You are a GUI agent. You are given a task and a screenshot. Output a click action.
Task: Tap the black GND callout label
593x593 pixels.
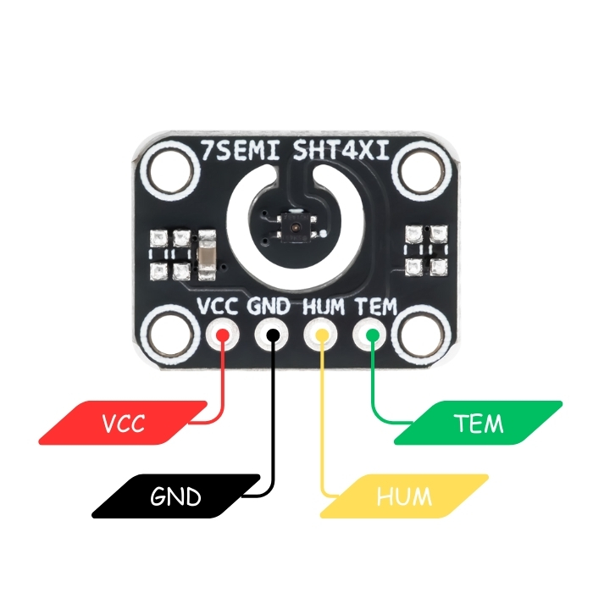pyautogui.click(x=175, y=496)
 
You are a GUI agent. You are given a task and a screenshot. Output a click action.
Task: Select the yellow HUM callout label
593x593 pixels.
pyautogui.click(x=404, y=496)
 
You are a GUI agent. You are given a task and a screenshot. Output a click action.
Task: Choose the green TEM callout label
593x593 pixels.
pyautogui.click(x=478, y=423)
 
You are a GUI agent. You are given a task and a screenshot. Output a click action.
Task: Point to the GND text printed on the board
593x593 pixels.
pyautogui.click(x=269, y=306)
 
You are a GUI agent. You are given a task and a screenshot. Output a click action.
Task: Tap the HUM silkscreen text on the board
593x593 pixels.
pyautogui.click(x=323, y=306)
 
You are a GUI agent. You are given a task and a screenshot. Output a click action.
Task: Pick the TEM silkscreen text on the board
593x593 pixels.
pyautogui.click(x=375, y=306)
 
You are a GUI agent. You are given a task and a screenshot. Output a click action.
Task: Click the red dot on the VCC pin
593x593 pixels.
pyautogui.click(x=223, y=335)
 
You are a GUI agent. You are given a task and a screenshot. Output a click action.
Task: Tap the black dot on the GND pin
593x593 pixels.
pyautogui.click(x=272, y=335)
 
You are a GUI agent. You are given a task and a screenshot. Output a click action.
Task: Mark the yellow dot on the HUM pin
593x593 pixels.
pyautogui.click(x=322, y=335)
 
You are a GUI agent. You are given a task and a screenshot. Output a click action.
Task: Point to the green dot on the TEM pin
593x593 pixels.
pyautogui.click(x=371, y=335)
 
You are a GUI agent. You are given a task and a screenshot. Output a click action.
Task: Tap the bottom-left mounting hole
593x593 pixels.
pyautogui.click(x=168, y=332)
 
